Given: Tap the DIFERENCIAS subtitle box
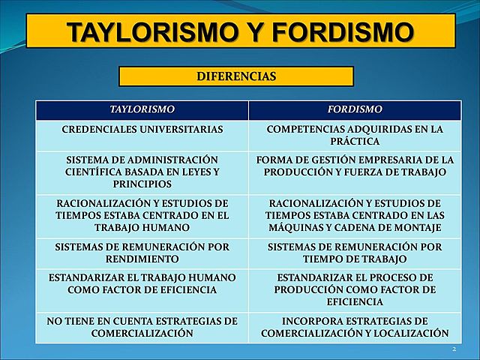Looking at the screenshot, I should pyautogui.click(x=236, y=76).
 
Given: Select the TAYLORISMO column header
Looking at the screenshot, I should pyautogui.click(x=142, y=109).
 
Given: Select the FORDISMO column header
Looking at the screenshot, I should pyautogui.click(x=355, y=109).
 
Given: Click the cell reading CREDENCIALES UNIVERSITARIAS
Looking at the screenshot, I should pyautogui.click(x=142, y=130).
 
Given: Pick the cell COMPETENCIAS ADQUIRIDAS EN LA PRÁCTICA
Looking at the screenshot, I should pyautogui.click(x=355, y=135).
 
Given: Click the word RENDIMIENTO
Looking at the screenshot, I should pyautogui.click(x=142, y=259).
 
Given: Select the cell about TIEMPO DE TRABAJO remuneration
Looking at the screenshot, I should pyautogui.click(x=355, y=253).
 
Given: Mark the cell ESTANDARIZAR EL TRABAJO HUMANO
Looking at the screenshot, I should pyautogui.click(x=142, y=283).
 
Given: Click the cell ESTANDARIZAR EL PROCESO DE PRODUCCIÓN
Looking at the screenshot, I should pyautogui.click(x=355, y=289).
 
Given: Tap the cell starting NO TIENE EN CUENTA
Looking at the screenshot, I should pyautogui.click(x=142, y=327).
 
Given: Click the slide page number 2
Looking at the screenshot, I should pyautogui.click(x=454, y=350).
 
